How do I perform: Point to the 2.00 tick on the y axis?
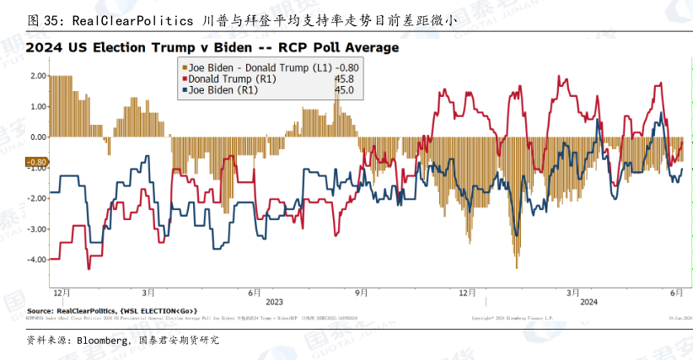pyautogui.click(x=36, y=76)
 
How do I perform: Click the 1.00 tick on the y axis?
pyautogui.click(x=36, y=106)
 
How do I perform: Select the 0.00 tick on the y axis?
pyautogui.click(x=36, y=137)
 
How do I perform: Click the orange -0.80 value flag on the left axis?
pyautogui.click(x=36, y=162)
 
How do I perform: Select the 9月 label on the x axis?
pyautogui.click(x=361, y=292)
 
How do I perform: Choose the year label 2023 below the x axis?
pyautogui.click(x=275, y=301)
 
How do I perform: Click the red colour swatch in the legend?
pyautogui.click(x=181, y=78)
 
